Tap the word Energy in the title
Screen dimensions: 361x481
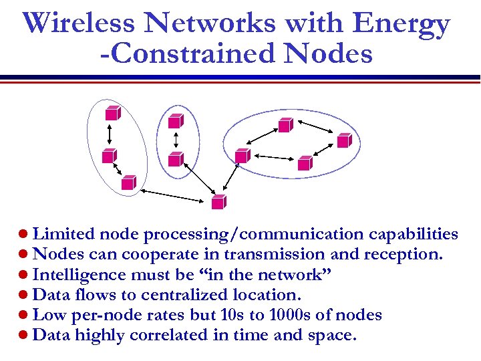pos(402,25)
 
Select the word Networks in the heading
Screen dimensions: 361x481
pos(213,23)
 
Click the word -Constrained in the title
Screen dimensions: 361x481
pos(170,53)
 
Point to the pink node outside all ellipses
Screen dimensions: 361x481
pos(218,201)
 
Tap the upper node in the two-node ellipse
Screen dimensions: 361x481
pos(175,120)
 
